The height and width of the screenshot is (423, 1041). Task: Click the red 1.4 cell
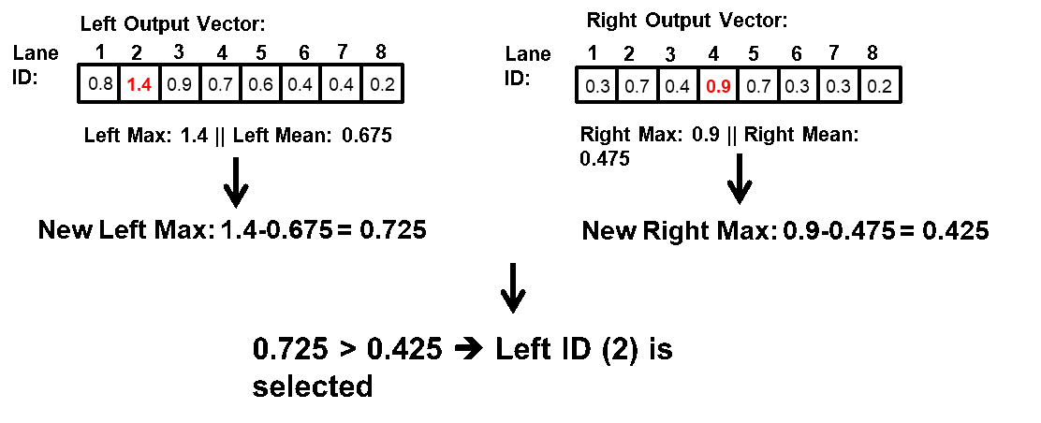(139, 84)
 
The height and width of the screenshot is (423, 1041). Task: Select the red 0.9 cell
(718, 86)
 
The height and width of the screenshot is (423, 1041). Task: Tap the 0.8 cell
(99, 84)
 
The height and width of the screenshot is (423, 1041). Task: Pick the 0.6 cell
(260, 84)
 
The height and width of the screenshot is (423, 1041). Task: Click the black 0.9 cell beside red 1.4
(179, 84)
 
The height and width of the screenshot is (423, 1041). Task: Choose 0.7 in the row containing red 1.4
(220, 84)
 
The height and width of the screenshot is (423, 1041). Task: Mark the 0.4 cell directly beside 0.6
(301, 84)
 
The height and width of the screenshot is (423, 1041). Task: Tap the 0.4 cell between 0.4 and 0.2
(341, 84)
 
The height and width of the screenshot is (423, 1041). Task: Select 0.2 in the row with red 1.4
(382, 84)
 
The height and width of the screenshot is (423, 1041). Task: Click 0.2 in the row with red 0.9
(879, 86)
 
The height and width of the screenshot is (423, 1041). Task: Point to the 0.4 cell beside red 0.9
(677, 86)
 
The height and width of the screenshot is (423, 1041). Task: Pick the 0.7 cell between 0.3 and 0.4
(638, 86)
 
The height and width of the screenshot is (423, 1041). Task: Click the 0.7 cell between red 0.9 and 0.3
(758, 86)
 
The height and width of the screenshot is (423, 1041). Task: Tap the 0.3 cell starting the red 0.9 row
(597, 86)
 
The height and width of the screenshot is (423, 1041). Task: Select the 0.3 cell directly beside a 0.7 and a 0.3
(798, 86)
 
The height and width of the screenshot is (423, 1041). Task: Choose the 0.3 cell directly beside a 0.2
(839, 86)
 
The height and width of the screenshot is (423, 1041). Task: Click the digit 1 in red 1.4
(132, 85)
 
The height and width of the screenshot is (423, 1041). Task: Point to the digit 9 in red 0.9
(725, 87)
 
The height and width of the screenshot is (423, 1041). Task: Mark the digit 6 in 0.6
(268, 84)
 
